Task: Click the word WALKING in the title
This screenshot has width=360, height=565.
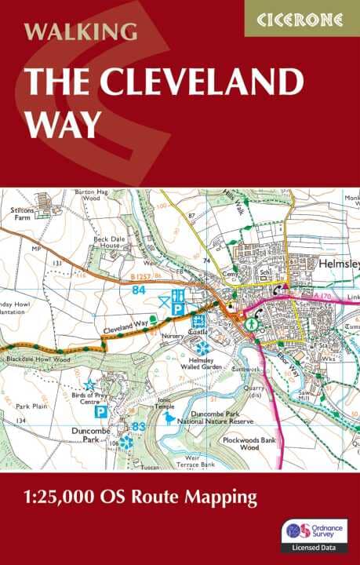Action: [81, 32]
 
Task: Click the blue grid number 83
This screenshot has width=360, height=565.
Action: [140, 425]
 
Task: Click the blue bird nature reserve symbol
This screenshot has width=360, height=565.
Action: [169, 418]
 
